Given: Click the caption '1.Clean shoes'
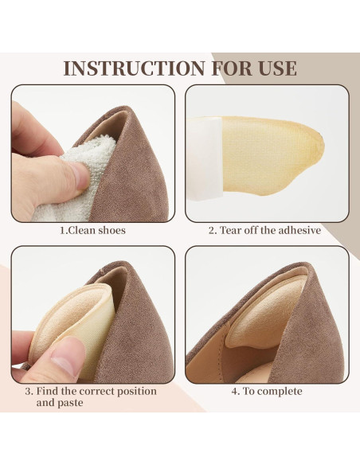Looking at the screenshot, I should (92, 231).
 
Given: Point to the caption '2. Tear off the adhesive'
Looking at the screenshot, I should (265, 231).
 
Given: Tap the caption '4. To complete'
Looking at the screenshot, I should (267, 391).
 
